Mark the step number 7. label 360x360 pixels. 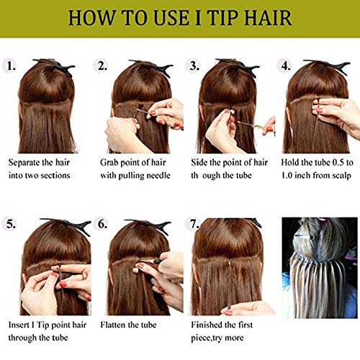click(192, 224)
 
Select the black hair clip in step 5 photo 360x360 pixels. click(68, 225)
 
